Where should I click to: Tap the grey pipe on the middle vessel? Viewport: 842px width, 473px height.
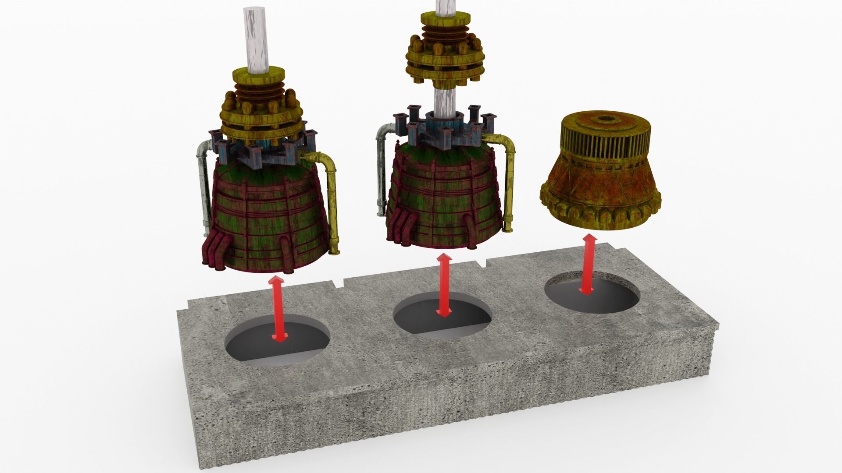[380, 175]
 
